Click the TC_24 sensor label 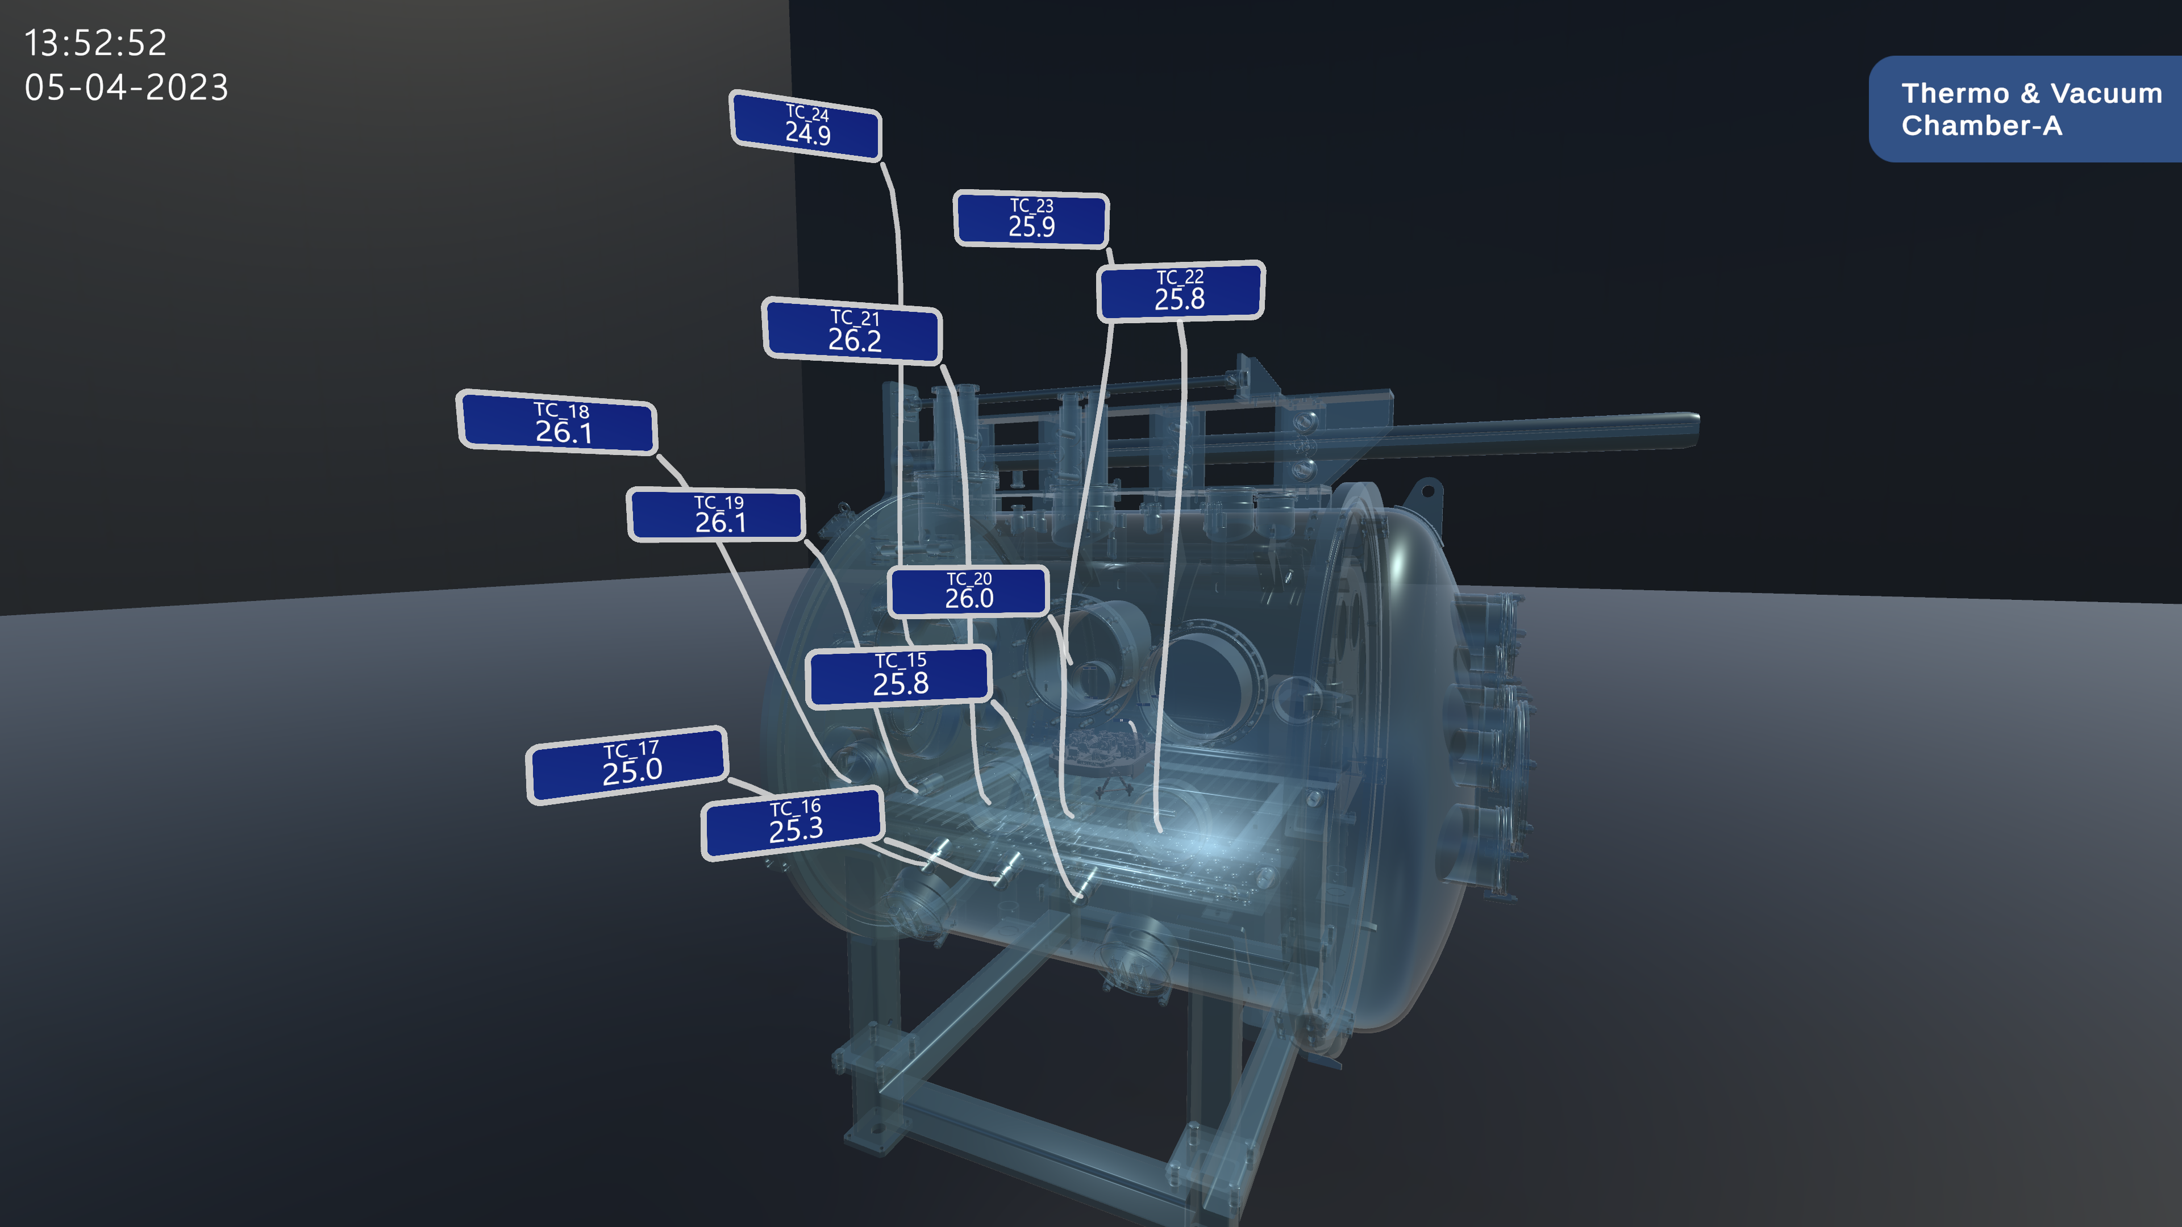pos(806,126)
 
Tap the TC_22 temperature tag pos(1181,290)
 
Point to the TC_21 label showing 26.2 pos(853,330)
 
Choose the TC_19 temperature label pos(717,515)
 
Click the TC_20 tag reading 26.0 pos(969,590)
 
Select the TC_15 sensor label pos(900,676)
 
